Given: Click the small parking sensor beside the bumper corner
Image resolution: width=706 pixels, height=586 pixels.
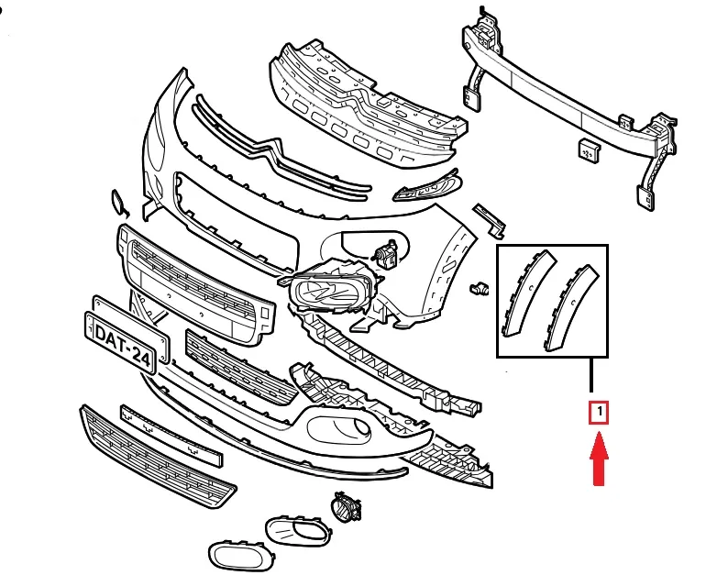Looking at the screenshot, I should pyautogui.click(x=476, y=289).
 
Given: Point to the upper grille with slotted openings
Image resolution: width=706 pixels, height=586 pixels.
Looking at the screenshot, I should pyautogui.click(x=362, y=100).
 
